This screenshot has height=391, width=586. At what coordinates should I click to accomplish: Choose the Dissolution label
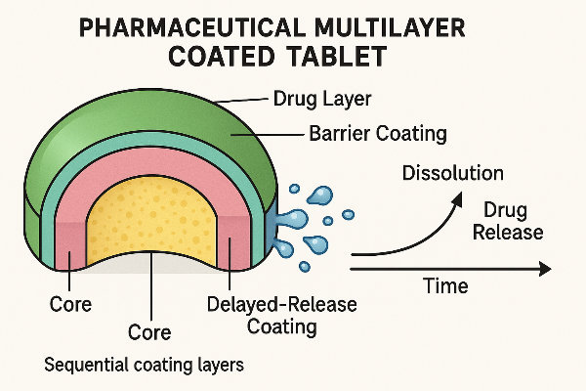[452, 174]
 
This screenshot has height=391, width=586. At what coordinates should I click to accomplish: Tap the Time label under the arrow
[444, 286]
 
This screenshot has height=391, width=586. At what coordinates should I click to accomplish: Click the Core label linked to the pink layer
[70, 304]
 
